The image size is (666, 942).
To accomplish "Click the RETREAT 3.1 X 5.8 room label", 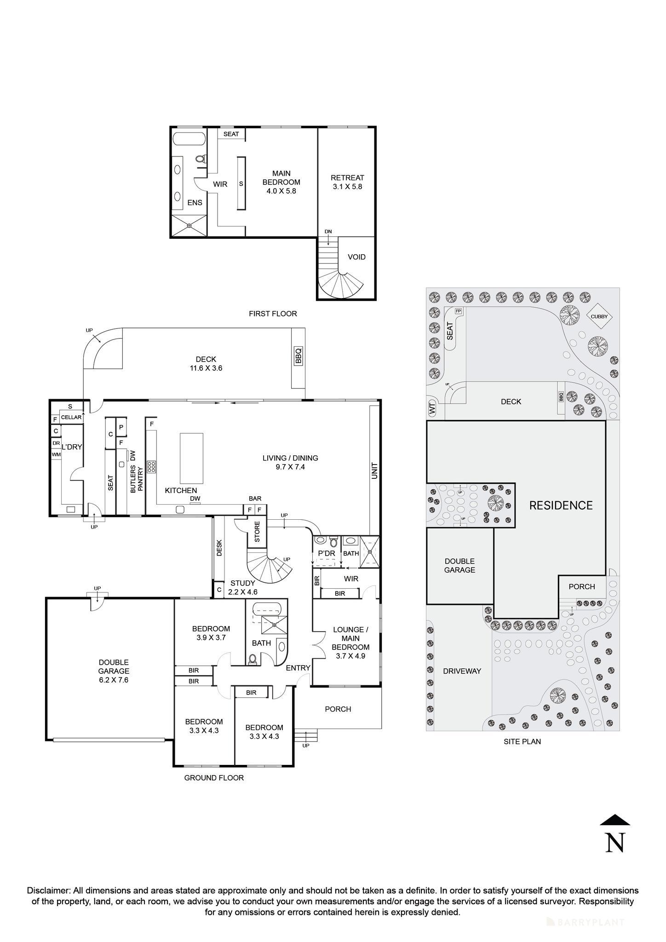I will (x=347, y=182).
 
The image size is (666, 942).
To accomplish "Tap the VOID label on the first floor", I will (x=356, y=257).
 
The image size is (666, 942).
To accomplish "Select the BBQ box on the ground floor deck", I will (x=298, y=356).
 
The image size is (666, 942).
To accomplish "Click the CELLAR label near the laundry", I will (x=71, y=417).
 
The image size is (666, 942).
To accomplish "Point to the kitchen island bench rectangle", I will (x=191, y=458).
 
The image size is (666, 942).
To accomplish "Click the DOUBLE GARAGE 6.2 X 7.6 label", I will (x=114, y=671).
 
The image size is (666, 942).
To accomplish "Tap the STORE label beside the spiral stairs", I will (x=257, y=532).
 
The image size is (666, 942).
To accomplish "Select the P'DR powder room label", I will (x=326, y=553).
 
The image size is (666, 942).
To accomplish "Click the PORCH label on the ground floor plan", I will (x=338, y=709).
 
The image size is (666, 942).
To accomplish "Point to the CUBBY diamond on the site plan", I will (x=599, y=316).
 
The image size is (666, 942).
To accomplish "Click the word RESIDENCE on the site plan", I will (x=561, y=505).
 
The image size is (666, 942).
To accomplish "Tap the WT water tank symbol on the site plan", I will (x=432, y=408).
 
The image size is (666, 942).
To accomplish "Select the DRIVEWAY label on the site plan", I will (x=462, y=671).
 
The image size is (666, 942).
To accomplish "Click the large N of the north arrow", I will (x=615, y=843).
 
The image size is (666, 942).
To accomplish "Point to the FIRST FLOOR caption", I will (x=273, y=314).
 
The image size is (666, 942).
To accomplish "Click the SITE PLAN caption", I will (x=522, y=741).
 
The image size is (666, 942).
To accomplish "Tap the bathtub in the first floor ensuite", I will (x=189, y=138).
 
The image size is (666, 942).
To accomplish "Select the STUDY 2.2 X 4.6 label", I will (x=242, y=587).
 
